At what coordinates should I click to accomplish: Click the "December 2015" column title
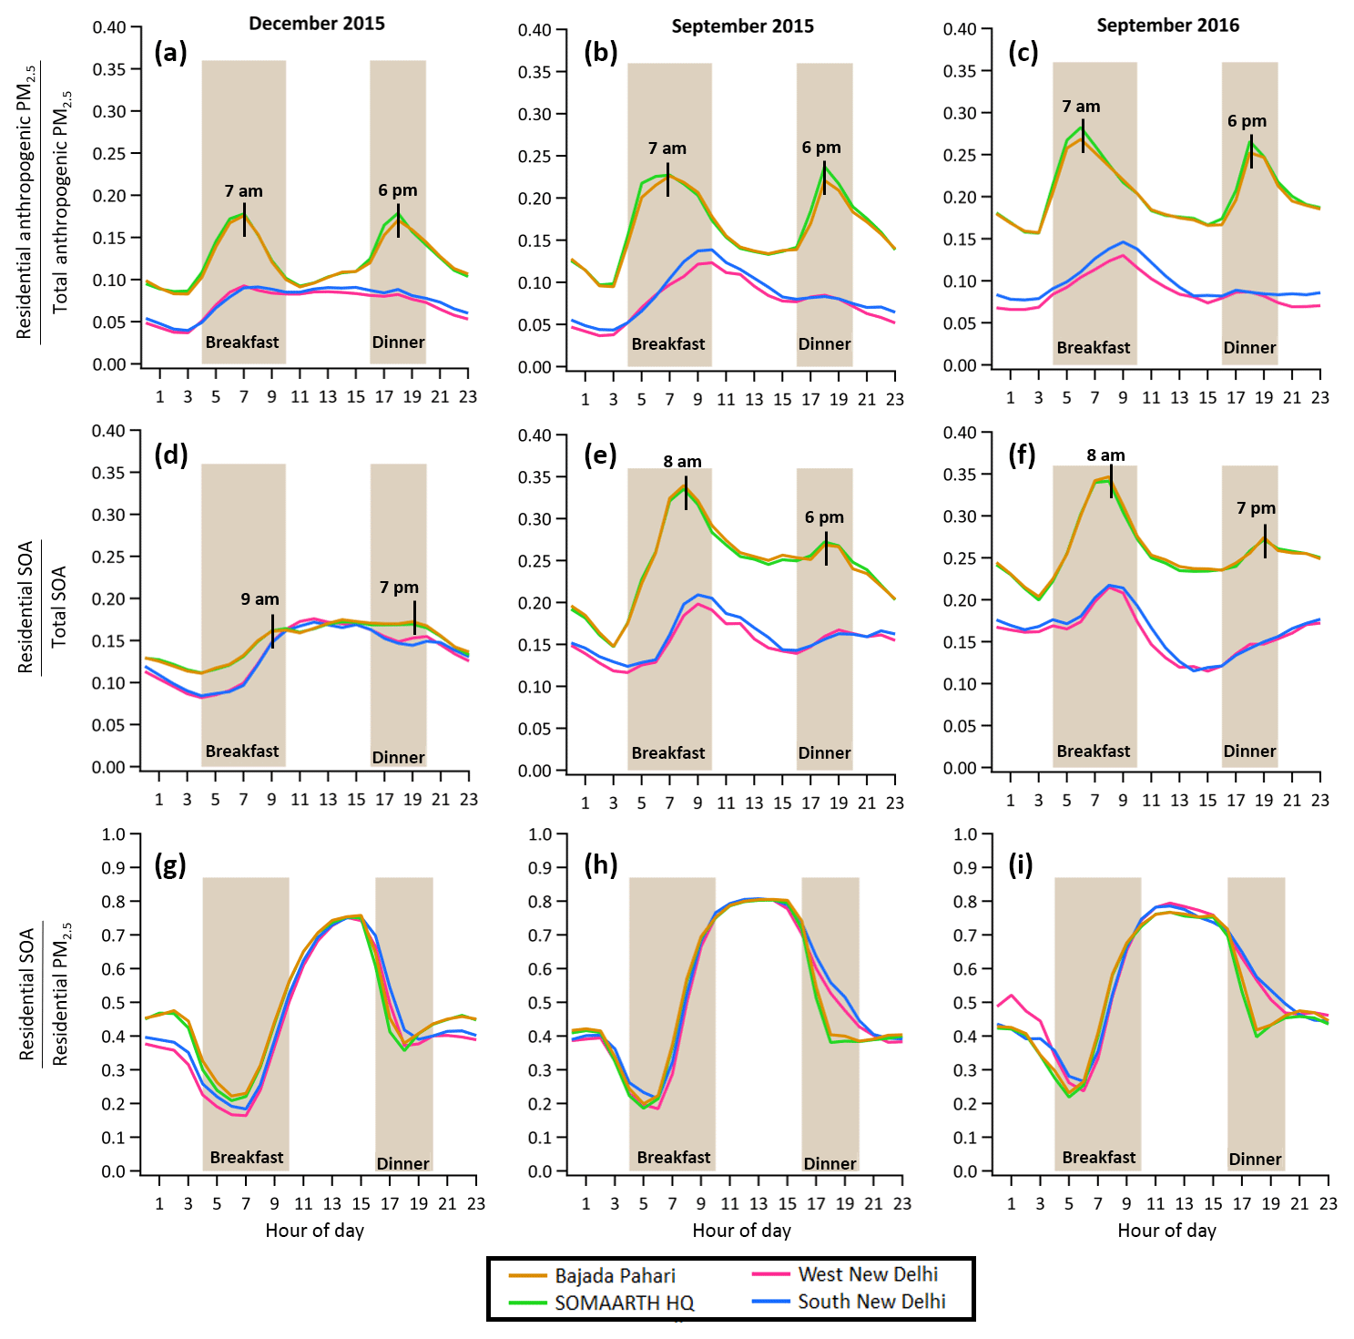coord(316,24)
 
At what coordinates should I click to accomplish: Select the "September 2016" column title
coord(1167,26)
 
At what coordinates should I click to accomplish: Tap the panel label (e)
coord(600,455)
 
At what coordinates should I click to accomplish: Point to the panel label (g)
coord(170,864)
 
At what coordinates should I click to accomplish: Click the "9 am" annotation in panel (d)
coord(260,599)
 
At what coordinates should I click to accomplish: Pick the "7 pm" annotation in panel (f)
coord(1256,508)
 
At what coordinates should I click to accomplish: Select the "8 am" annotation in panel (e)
coord(682,462)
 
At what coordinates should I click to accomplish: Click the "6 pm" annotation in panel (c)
coord(1247,121)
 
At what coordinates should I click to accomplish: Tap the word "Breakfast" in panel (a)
coord(242,342)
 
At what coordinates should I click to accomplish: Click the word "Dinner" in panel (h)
coord(830,1164)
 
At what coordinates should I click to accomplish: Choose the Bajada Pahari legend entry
coord(615,1276)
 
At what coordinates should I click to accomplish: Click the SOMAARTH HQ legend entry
coord(624,1303)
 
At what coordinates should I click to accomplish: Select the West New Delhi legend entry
coord(867,1274)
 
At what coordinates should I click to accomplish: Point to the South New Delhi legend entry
coord(871,1302)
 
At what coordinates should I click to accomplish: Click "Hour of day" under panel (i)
coord(1166,1231)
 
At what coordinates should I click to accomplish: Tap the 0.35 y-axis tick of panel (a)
coord(109,69)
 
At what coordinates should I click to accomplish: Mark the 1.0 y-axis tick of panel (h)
coord(541,834)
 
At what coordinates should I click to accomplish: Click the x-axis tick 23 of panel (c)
coord(1319,397)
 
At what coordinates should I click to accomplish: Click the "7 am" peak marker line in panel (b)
coord(668,179)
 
